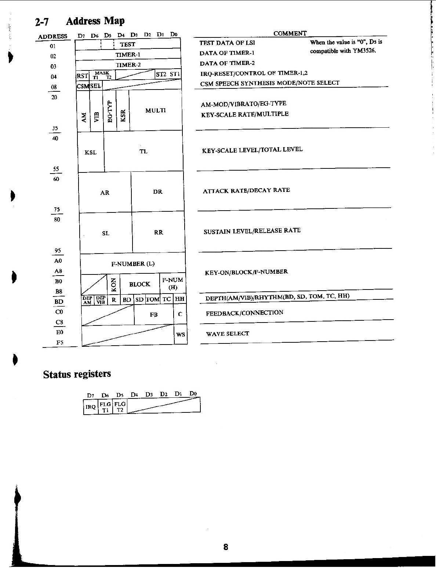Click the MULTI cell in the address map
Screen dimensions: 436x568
coord(156,110)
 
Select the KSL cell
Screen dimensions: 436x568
coord(91,152)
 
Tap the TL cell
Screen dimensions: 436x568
coord(143,151)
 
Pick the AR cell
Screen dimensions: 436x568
coord(105,193)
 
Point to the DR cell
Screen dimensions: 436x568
coord(158,192)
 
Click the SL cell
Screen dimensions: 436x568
coord(106,233)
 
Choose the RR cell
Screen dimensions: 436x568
coord(159,232)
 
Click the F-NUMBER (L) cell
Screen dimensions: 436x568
coord(133,264)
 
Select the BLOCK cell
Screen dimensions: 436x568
coord(139,284)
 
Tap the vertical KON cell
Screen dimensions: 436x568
coord(113,284)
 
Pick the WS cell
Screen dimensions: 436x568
coord(181,334)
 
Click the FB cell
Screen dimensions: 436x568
coord(153,315)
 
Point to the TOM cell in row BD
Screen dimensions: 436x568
coord(153,299)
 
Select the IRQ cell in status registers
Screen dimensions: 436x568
coord(91,407)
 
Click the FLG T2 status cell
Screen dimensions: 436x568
coord(120,407)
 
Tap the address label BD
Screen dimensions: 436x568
coord(59,302)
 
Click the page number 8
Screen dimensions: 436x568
coord(226,547)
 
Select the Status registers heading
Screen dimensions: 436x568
coord(77,374)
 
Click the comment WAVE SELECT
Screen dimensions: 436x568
coord(228,334)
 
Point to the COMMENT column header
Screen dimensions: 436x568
coord(290,33)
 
